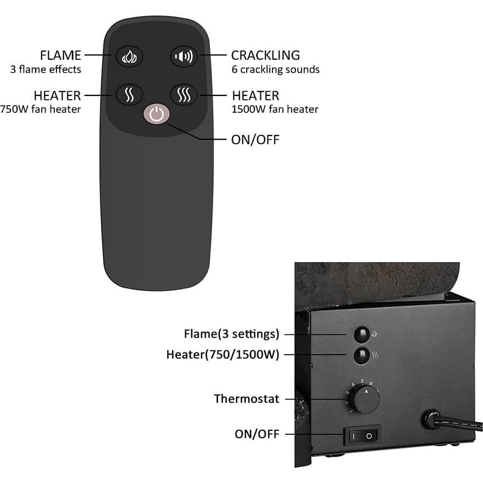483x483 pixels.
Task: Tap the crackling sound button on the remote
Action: click(184, 56)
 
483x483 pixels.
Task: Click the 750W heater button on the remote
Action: click(129, 95)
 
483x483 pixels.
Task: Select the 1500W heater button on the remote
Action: click(184, 95)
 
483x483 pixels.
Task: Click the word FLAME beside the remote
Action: click(60, 55)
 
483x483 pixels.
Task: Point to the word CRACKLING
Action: click(265, 55)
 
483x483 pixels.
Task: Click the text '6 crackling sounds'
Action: click(275, 70)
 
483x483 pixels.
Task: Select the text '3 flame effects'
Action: click(46, 70)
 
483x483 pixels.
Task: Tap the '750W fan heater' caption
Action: click(41, 109)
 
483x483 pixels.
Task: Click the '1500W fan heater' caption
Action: click(275, 109)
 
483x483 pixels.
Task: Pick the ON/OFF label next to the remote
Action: click(255, 139)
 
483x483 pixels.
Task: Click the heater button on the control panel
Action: click(361, 355)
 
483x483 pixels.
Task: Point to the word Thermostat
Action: click(247, 399)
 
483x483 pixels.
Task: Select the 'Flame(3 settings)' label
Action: click(231, 334)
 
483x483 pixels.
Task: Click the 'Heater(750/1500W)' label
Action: click(223, 355)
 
